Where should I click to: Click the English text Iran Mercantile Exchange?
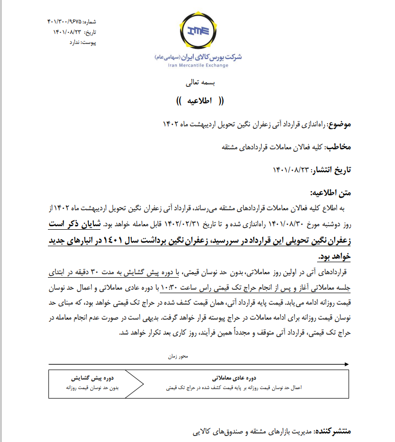(x=198, y=65)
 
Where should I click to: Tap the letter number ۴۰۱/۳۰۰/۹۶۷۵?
(x=65, y=22)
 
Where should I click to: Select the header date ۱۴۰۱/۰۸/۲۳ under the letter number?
(x=67, y=32)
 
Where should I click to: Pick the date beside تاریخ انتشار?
(x=291, y=170)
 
